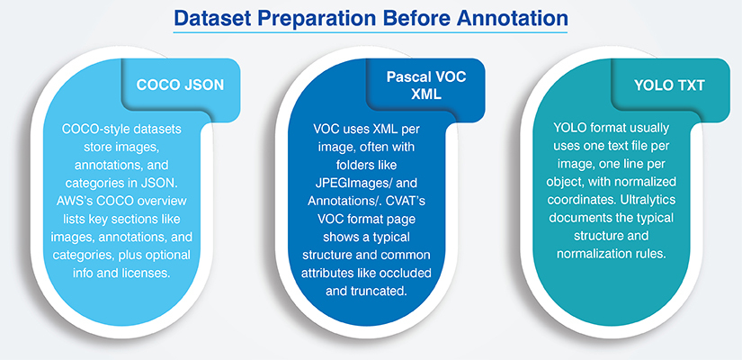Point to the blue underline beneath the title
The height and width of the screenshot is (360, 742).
[370, 32]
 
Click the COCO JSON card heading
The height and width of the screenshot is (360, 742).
[180, 85]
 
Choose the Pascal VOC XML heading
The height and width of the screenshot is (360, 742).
[426, 85]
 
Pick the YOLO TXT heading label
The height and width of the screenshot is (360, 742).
[669, 85]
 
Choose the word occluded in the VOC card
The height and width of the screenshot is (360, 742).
[408, 274]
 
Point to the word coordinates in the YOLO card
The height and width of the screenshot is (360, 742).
[577, 200]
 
